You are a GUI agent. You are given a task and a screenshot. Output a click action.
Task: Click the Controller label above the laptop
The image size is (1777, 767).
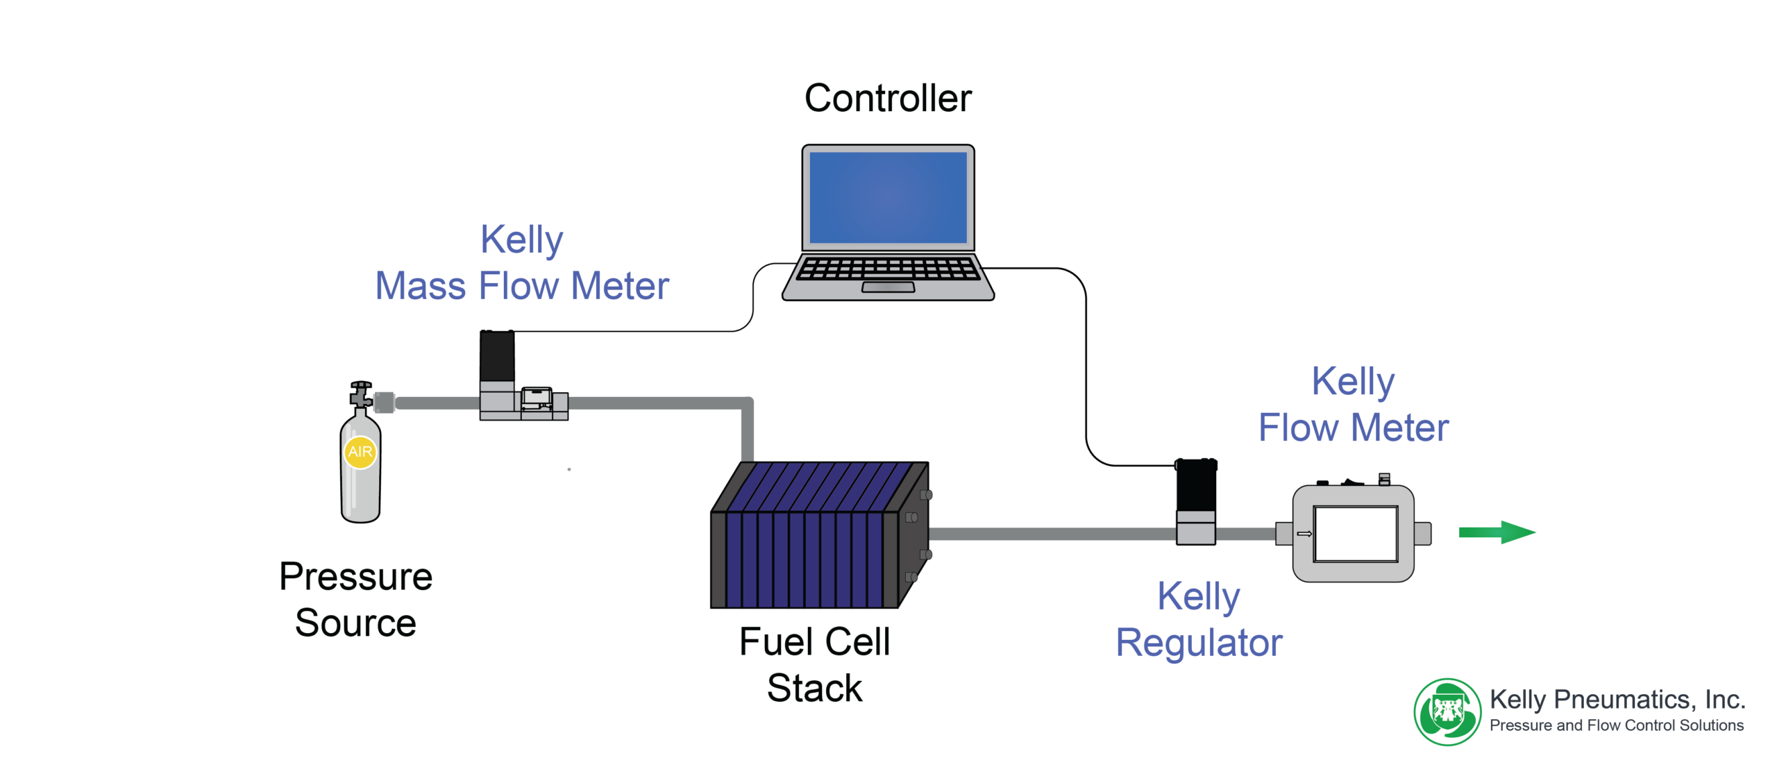pos(888,98)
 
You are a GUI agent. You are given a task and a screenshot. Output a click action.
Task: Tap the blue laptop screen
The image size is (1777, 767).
pos(888,198)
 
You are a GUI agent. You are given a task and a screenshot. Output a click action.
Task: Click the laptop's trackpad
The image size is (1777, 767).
pos(888,287)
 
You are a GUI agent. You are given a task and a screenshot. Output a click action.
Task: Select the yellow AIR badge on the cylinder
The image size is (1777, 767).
pos(360,452)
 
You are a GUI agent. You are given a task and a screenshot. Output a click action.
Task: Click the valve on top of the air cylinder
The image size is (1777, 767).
pos(360,394)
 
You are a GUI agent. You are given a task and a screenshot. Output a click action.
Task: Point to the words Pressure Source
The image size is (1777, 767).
pos(355,599)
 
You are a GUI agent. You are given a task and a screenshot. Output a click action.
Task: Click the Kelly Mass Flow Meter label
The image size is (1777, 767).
pos(522,263)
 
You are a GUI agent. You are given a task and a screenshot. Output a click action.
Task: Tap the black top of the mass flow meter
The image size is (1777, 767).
pos(497,356)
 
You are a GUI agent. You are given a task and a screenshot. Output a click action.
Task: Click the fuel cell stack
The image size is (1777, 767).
pos(820,535)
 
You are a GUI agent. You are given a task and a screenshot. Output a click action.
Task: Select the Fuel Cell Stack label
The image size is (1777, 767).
pos(814,664)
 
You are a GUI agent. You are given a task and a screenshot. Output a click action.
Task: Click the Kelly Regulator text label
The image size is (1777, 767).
pos(1199,619)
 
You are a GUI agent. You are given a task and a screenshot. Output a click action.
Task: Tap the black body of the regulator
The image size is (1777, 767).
pos(1196,485)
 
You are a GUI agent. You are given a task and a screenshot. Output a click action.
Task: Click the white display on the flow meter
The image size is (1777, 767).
pos(1356,534)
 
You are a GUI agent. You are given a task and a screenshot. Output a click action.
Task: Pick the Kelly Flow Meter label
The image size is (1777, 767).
pos(1354,404)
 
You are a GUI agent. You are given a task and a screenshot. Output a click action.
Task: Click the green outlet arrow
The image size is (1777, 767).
pos(1497,532)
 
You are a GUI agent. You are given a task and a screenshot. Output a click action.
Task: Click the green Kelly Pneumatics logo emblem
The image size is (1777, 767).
pos(1448,712)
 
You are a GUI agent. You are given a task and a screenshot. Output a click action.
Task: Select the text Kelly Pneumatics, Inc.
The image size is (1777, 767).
pos(1617,700)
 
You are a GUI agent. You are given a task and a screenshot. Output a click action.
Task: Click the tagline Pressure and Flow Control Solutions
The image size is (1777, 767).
pos(1617,725)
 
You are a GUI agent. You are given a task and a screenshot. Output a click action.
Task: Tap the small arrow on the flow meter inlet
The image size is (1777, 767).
pos(1304,534)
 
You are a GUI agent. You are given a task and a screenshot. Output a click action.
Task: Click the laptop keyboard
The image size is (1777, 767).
pos(888,268)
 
